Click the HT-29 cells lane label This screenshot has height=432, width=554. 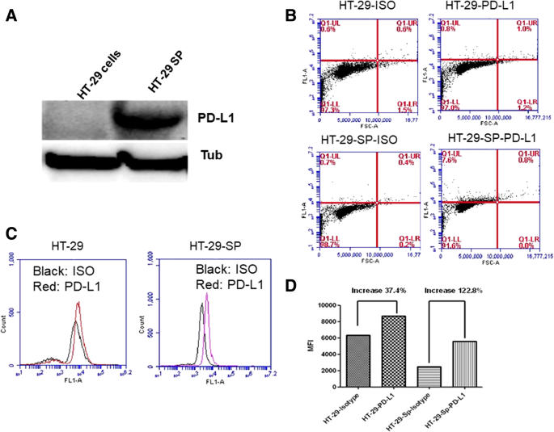98,77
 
